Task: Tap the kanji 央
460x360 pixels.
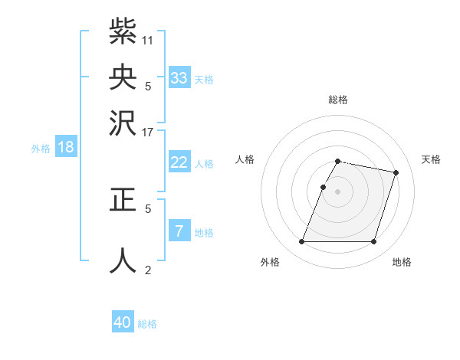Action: click(x=123, y=77)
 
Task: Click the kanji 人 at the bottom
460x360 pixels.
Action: click(x=123, y=259)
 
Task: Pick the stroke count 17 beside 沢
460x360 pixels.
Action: click(x=148, y=131)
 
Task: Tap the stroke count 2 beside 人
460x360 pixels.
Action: click(x=148, y=270)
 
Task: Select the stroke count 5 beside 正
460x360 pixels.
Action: click(x=148, y=208)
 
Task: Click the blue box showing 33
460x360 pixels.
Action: click(x=179, y=78)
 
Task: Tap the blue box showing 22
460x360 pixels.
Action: click(x=179, y=162)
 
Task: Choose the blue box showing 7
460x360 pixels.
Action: click(x=179, y=231)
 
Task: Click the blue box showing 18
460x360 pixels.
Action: click(x=66, y=147)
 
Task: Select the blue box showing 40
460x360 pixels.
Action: click(x=123, y=322)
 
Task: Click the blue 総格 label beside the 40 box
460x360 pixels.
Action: click(x=147, y=324)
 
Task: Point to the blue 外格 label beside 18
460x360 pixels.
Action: click(x=41, y=149)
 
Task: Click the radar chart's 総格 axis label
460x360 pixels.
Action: click(x=338, y=100)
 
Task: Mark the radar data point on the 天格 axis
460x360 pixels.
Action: click(x=396, y=172)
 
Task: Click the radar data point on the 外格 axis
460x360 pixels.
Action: click(x=302, y=242)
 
